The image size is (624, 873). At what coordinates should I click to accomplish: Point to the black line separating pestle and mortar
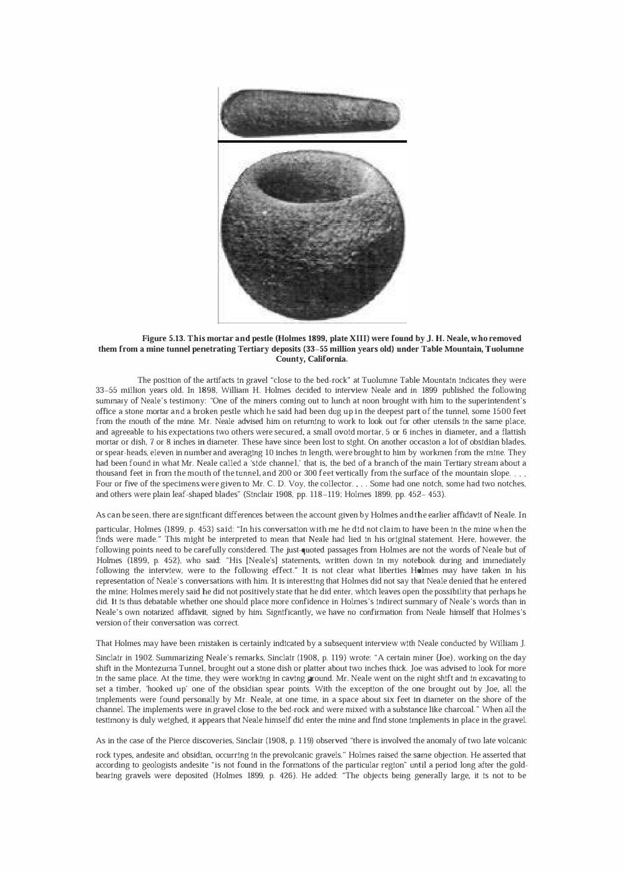click(312, 142)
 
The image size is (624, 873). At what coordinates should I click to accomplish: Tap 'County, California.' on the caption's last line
click(311, 359)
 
